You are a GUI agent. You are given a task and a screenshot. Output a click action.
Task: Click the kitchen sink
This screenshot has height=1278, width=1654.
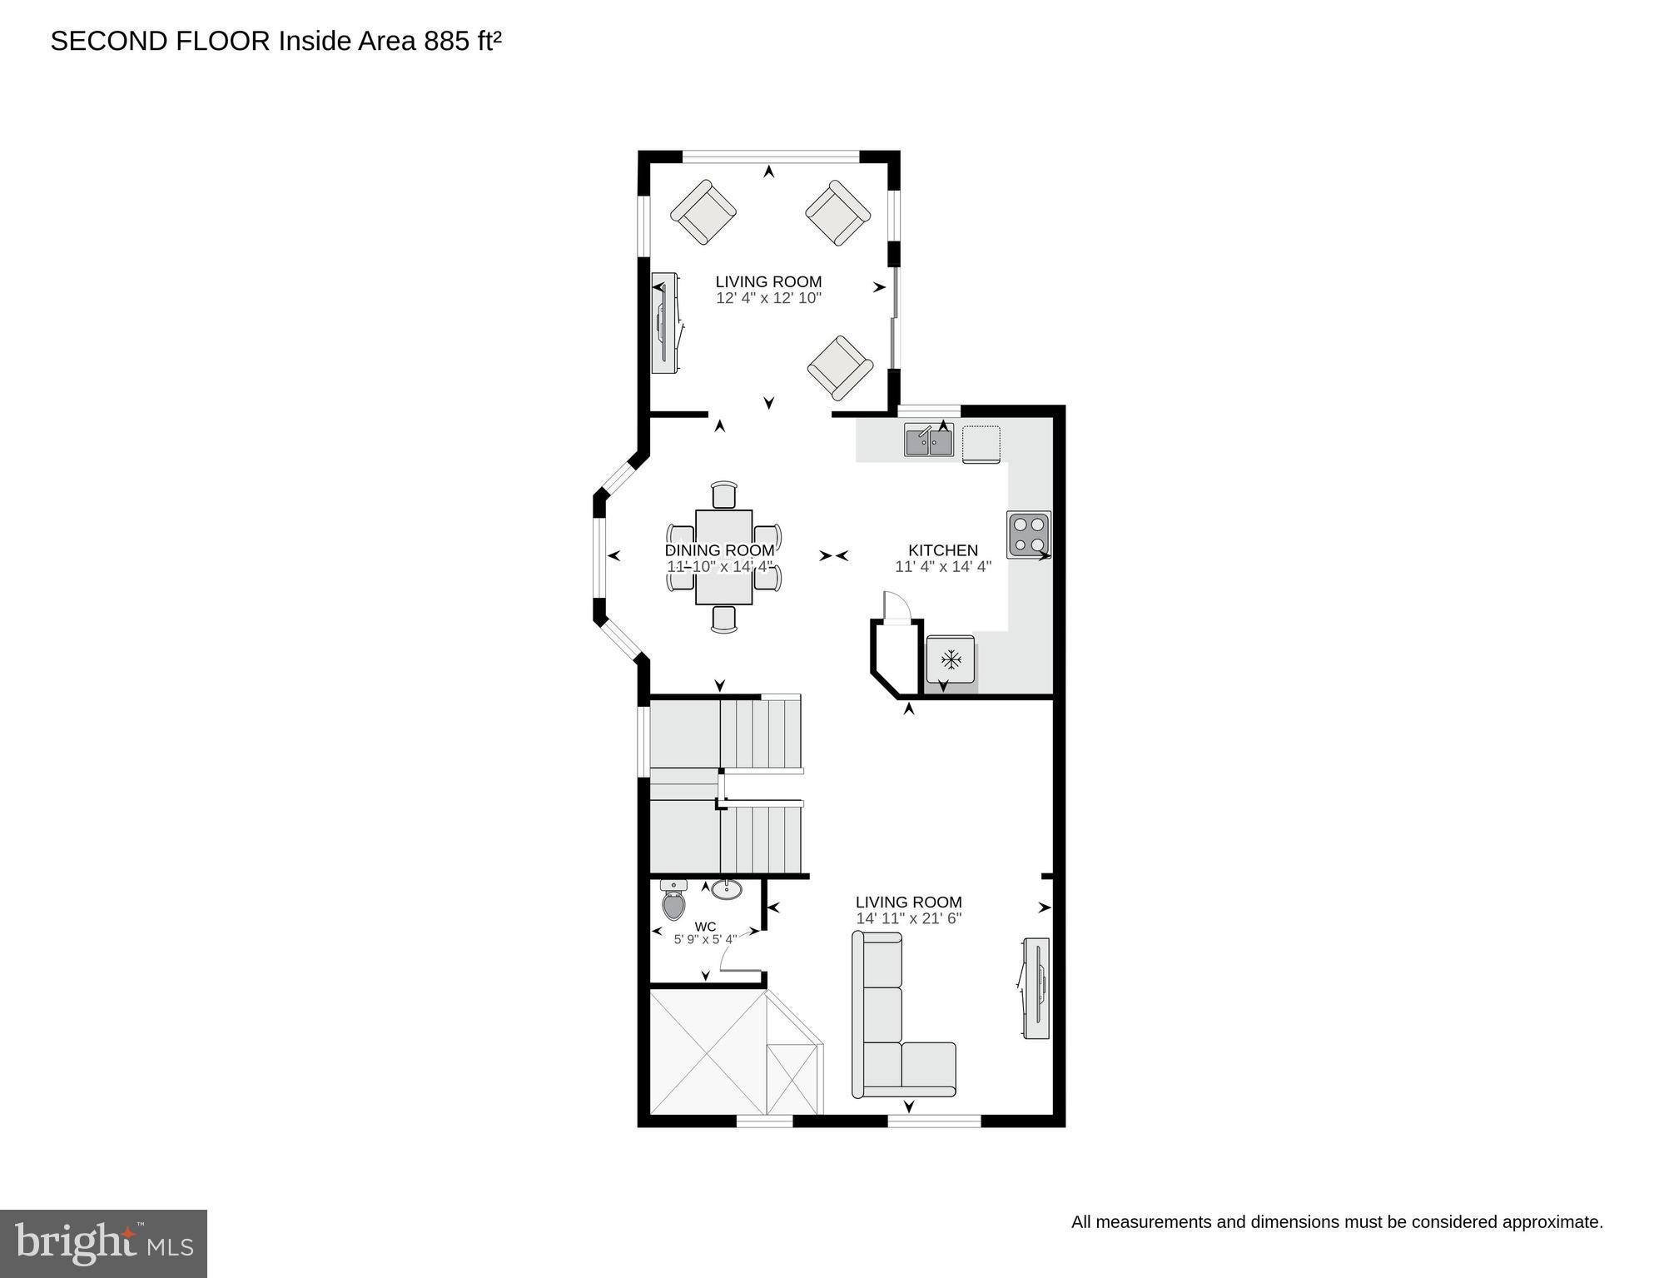point(929,440)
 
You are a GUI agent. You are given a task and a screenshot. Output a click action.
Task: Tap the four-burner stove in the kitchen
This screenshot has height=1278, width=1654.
point(1029,535)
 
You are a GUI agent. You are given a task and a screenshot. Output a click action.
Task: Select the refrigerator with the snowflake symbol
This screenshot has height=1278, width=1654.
point(950,660)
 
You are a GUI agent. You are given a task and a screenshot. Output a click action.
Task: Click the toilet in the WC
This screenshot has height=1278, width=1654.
point(673,900)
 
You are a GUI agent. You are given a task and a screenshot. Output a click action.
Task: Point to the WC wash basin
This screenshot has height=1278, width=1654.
point(727,889)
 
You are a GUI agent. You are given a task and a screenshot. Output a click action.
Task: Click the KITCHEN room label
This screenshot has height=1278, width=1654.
point(942,550)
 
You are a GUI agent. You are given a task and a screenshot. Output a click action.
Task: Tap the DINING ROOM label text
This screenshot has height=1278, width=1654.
point(719,550)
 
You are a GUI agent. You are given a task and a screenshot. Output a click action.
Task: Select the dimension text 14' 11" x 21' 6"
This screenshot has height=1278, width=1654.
point(908,918)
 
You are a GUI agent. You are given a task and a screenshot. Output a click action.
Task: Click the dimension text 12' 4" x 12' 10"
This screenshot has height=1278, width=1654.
point(768,298)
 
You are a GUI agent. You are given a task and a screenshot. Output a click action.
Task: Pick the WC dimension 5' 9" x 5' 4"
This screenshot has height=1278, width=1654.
point(705,940)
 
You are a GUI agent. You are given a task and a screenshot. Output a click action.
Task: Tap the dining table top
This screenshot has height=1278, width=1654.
point(724,556)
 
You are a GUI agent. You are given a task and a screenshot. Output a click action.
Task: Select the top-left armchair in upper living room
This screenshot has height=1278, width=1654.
point(703,212)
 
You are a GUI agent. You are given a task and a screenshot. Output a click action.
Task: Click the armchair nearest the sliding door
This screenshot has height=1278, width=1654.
point(840,367)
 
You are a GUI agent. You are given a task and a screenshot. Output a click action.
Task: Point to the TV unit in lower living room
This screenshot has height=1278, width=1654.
point(1036,988)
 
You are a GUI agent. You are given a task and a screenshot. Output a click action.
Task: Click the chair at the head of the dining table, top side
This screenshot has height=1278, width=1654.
point(724,495)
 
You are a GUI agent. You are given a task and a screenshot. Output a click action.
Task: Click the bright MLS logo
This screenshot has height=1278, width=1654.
point(103,1244)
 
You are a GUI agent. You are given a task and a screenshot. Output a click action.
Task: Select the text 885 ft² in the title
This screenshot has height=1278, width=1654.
point(462,41)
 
